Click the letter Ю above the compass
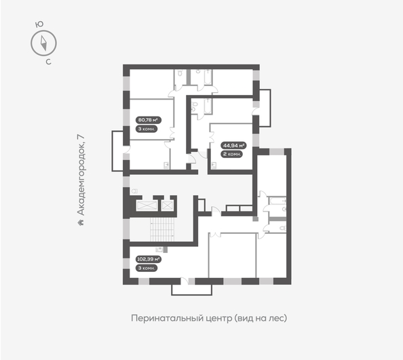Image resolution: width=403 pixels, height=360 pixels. [39, 24]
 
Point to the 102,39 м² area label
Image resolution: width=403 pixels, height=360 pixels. [148, 259]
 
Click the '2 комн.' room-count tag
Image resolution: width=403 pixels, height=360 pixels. [231, 154]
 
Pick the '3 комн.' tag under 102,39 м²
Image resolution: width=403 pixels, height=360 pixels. [146, 268]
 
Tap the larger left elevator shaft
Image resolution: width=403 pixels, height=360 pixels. [146, 205]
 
